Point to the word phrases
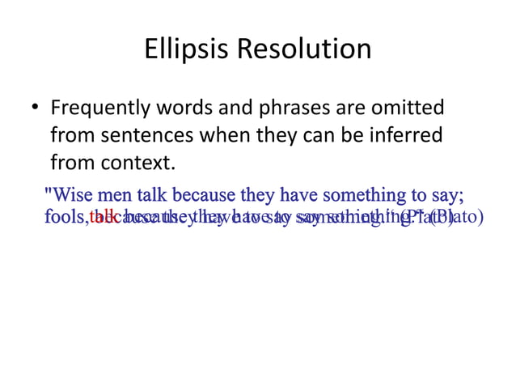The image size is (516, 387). click(306, 108)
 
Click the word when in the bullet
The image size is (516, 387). click(217, 135)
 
